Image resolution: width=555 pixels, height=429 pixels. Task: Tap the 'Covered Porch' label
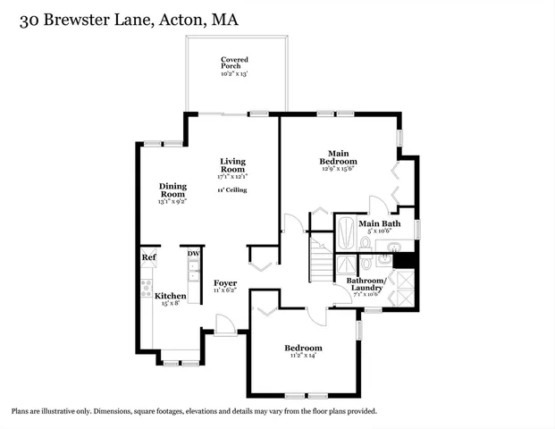[235, 63]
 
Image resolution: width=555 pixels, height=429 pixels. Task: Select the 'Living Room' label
[233, 165]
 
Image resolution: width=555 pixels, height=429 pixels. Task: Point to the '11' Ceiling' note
[232, 190]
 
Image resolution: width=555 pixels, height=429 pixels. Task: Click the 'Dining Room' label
[172, 190]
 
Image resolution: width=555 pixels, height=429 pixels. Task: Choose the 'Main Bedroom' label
[338, 157]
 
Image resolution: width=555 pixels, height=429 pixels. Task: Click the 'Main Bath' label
[379, 223]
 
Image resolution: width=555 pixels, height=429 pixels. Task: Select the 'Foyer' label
[225, 283]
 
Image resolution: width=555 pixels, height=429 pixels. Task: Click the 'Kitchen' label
[171, 296]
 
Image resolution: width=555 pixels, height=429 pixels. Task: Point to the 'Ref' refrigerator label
[148, 257]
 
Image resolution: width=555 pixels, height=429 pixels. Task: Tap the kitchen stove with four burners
[146, 288]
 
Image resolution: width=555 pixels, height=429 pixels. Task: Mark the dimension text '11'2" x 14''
[304, 356]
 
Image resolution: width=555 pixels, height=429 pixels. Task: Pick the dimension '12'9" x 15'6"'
[338, 171]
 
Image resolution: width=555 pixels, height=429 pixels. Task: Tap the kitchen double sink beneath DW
[193, 274]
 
